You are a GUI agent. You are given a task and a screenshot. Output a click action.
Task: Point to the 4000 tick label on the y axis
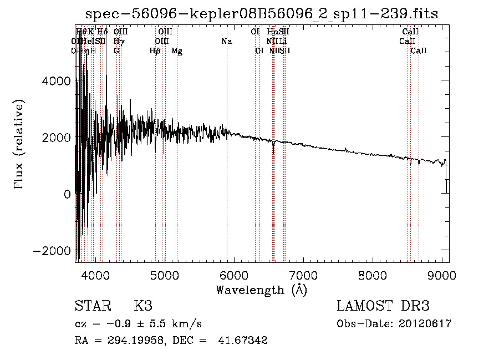click(x=56, y=81)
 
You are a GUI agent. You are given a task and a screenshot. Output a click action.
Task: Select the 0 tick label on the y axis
click(x=67, y=194)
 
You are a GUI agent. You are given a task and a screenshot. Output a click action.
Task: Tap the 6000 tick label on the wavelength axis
click(x=234, y=275)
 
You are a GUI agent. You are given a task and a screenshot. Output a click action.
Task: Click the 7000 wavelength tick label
click(x=303, y=275)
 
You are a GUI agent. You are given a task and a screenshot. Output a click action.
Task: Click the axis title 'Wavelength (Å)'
click(x=261, y=290)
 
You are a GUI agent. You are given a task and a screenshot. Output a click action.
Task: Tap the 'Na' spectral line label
click(x=226, y=41)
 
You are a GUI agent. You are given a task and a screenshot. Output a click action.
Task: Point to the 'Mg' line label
click(x=177, y=51)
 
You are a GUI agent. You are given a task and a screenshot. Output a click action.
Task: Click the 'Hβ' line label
click(x=155, y=51)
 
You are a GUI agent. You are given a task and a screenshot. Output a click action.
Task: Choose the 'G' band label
click(x=116, y=50)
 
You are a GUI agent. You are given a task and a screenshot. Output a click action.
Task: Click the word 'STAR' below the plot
click(x=91, y=306)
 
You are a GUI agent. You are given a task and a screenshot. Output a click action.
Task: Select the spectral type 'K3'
click(x=143, y=306)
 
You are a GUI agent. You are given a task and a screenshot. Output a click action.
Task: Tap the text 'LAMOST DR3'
click(x=383, y=306)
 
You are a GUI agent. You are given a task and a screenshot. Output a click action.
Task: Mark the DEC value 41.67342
click(x=244, y=341)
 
